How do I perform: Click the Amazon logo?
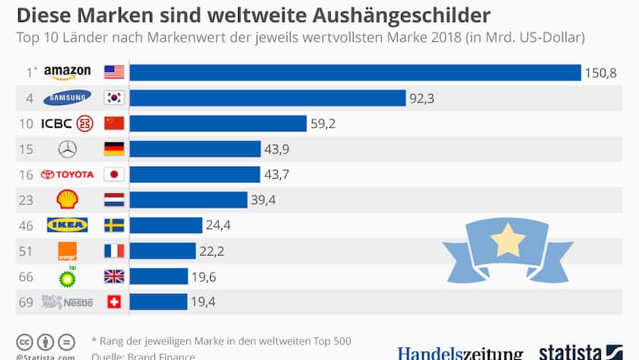(x=67, y=72)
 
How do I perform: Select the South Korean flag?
(x=113, y=97)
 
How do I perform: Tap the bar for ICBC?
(x=218, y=123)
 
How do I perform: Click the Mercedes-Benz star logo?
(x=67, y=149)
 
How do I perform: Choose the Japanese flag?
(x=113, y=174)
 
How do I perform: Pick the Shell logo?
(x=67, y=199)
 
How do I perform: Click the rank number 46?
(x=25, y=225)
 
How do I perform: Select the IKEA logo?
(x=67, y=225)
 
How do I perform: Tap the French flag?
(x=113, y=251)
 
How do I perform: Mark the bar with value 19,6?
(x=158, y=276)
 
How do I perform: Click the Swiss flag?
(x=113, y=302)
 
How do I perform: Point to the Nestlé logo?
(x=67, y=302)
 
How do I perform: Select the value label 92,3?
(x=422, y=97)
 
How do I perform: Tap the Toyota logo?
(x=67, y=174)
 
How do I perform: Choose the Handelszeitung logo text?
(x=459, y=354)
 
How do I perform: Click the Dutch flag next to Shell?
(x=113, y=199)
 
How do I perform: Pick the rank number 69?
(x=25, y=302)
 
